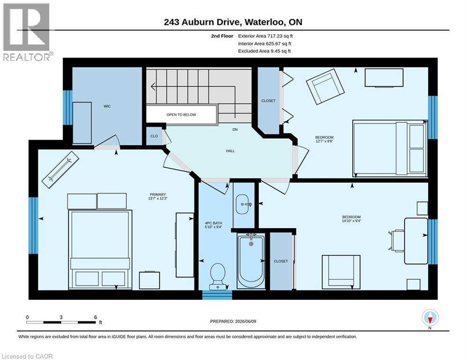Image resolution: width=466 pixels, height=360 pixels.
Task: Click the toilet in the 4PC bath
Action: [x=218, y=276]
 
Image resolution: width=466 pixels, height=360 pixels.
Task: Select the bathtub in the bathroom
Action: [x=251, y=261]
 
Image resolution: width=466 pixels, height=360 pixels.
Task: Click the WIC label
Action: [x=107, y=106]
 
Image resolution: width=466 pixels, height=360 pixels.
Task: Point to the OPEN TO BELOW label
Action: [x=181, y=114]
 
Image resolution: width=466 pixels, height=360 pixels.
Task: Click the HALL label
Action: [x=230, y=151]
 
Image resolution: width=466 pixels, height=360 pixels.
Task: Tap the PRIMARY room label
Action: [x=158, y=195]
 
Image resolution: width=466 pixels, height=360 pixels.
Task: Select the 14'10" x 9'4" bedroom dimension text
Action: [x=352, y=221]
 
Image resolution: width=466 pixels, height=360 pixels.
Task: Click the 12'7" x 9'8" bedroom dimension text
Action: [x=324, y=141]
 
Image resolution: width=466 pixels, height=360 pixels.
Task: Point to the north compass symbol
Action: [x=430, y=317]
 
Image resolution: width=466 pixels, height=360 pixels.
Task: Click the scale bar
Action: [x=61, y=322]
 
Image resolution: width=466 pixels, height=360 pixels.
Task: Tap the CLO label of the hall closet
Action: [x=154, y=136]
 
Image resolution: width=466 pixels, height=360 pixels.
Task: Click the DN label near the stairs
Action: [x=235, y=129]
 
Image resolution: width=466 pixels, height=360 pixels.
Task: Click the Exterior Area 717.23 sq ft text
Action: [x=266, y=36]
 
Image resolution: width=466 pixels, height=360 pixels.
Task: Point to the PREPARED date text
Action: [x=233, y=321]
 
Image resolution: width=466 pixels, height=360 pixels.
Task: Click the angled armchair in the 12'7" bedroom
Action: [x=325, y=87]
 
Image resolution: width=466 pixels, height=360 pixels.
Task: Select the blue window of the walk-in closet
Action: [x=67, y=107]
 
